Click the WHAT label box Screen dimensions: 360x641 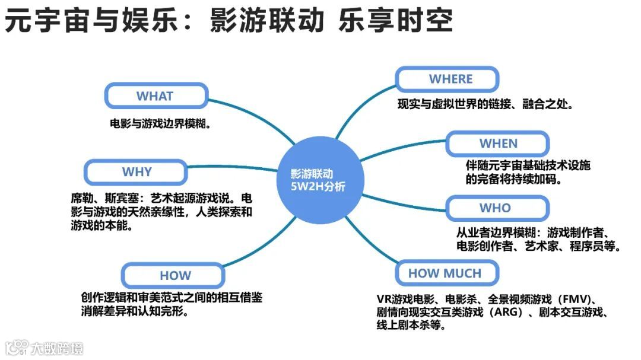(x=156, y=96)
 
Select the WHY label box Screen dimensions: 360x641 (x=137, y=172)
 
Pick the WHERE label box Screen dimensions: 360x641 (x=450, y=79)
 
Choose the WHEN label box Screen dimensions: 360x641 (x=498, y=144)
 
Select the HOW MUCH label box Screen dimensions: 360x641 (x=445, y=273)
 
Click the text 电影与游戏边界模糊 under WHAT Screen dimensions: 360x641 (x=161, y=125)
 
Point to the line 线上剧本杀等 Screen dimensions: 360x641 (x=410, y=326)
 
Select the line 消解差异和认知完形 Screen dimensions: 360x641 (x=136, y=311)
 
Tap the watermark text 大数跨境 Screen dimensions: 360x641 (x=58, y=348)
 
